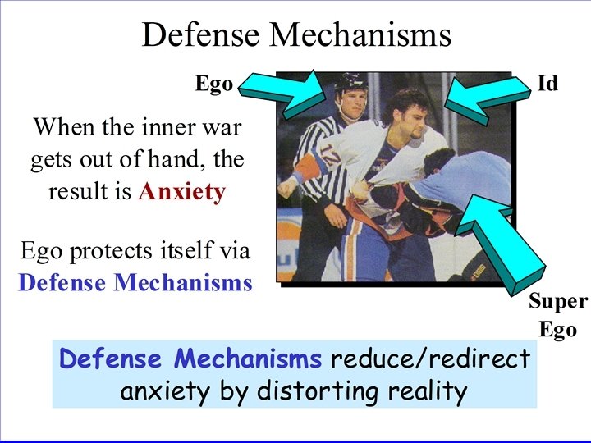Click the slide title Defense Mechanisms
point(296,34)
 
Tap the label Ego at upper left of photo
point(213,84)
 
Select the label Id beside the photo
point(547,83)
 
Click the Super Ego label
point(557,316)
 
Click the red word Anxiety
point(181,191)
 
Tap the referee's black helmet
point(348,83)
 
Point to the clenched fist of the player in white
point(286,186)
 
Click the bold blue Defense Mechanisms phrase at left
point(135,282)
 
